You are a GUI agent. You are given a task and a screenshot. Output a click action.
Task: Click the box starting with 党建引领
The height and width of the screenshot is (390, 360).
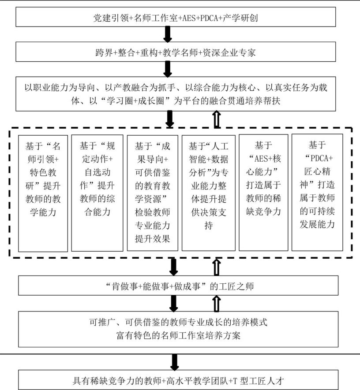tap(176, 17)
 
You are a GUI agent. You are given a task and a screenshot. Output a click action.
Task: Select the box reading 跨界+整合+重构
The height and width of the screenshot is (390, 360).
tap(176, 52)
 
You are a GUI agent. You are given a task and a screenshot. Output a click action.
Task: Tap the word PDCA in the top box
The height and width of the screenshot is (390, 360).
tap(209, 18)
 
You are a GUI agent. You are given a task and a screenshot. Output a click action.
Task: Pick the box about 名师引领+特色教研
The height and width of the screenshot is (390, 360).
tap(43, 193)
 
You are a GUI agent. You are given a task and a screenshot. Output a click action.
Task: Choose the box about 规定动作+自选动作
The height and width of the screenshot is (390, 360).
tap(97, 193)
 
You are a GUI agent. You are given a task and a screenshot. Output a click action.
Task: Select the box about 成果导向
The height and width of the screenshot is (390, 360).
tap(152, 193)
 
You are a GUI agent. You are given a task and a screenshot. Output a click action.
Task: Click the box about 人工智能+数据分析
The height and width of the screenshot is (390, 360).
tap(209, 193)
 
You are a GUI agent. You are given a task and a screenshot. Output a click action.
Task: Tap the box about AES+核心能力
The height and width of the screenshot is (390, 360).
tap(263, 193)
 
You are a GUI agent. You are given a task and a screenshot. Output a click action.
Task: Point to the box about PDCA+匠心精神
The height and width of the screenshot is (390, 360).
tap(317, 192)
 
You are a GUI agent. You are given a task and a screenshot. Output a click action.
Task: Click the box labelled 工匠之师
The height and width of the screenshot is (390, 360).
tap(178, 285)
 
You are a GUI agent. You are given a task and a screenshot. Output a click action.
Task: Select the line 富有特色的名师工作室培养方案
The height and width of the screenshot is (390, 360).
tap(178, 335)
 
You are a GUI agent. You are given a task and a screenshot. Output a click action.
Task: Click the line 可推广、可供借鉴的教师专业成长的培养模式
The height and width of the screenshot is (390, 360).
tap(178, 322)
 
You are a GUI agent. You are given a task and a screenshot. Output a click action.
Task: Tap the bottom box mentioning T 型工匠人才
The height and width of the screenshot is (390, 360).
tap(178, 379)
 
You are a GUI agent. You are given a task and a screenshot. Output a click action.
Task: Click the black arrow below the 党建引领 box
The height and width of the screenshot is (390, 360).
tap(168, 34)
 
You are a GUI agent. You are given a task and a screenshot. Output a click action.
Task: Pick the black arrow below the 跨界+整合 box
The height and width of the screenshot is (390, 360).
tap(168, 69)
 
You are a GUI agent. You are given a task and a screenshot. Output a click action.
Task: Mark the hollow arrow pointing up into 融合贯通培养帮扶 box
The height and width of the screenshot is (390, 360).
tap(217, 119)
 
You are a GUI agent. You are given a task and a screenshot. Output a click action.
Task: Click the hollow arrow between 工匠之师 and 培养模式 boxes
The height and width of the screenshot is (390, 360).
tap(217, 304)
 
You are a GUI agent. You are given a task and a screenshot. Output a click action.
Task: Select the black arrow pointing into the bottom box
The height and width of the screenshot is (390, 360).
tap(175, 362)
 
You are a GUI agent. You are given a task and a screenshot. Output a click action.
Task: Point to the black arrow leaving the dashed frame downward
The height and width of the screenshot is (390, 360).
tap(173, 267)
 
